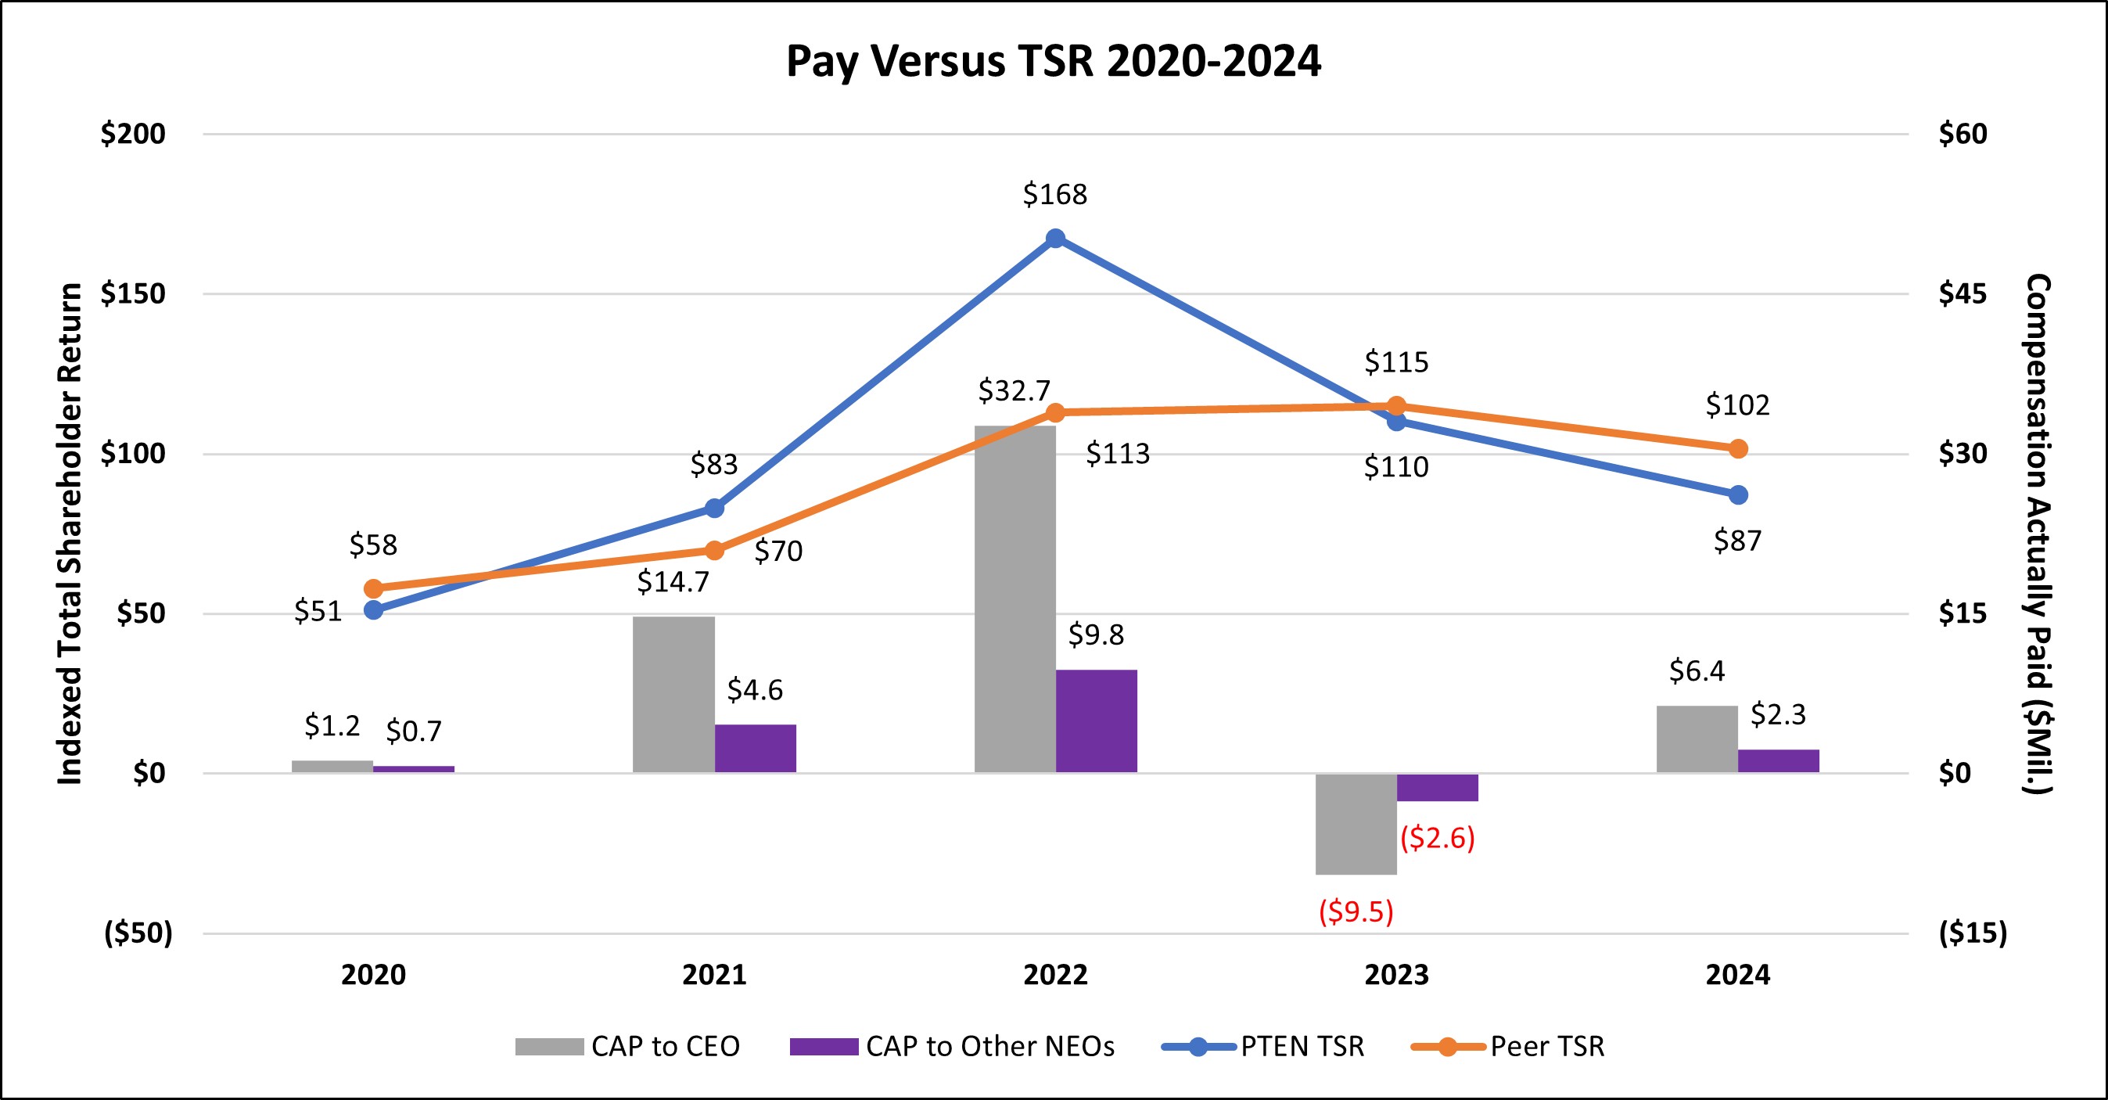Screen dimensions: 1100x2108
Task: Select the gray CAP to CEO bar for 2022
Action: [1014, 599]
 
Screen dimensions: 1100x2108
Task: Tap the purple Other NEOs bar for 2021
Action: [755, 748]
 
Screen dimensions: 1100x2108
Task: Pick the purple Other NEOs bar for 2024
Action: [1778, 760]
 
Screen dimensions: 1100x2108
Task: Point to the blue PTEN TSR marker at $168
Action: [1056, 238]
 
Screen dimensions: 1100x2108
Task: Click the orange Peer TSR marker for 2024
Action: [1738, 448]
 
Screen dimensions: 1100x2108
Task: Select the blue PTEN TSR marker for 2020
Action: [373, 609]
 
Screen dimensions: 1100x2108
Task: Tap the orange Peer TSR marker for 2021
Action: [714, 550]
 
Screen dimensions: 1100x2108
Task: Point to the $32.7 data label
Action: [1014, 390]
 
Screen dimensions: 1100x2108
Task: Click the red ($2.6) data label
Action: [1437, 838]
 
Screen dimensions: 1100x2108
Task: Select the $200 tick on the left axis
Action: [132, 134]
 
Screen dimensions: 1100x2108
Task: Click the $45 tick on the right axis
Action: [1962, 293]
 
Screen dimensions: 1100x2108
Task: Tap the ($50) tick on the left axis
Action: [138, 933]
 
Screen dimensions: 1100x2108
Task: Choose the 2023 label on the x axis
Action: [1396, 975]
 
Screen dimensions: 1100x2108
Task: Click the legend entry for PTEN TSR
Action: [1301, 1046]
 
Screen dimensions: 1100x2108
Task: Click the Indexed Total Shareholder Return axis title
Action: [70, 534]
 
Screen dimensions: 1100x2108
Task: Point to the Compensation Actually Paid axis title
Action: [2038, 534]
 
